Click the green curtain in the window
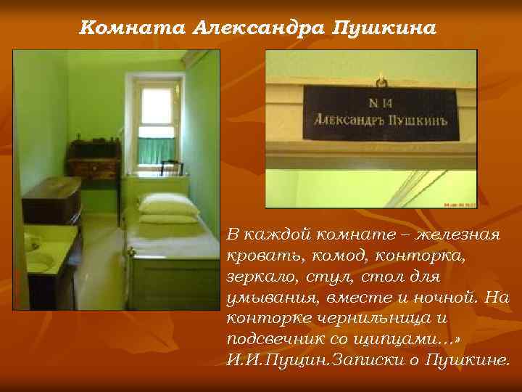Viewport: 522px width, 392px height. click(x=157, y=150)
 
